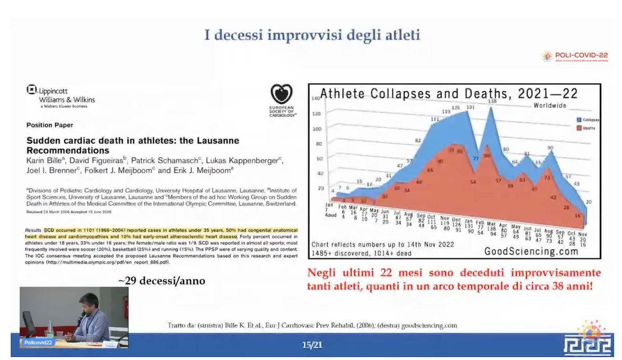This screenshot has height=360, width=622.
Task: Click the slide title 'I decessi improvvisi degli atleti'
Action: tap(312, 35)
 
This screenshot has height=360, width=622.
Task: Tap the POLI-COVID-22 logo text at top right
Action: tap(581, 55)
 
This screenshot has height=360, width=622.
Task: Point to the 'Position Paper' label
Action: tap(49, 125)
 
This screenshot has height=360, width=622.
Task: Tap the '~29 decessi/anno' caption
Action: tap(162, 281)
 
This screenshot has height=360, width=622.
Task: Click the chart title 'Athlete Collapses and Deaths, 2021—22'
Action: tap(449, 94)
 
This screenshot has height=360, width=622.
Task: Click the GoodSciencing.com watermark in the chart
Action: tap(531, 251)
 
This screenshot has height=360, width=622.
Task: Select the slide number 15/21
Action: tap(310, 344)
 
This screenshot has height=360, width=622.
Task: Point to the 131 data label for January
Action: tap(470, 107)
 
